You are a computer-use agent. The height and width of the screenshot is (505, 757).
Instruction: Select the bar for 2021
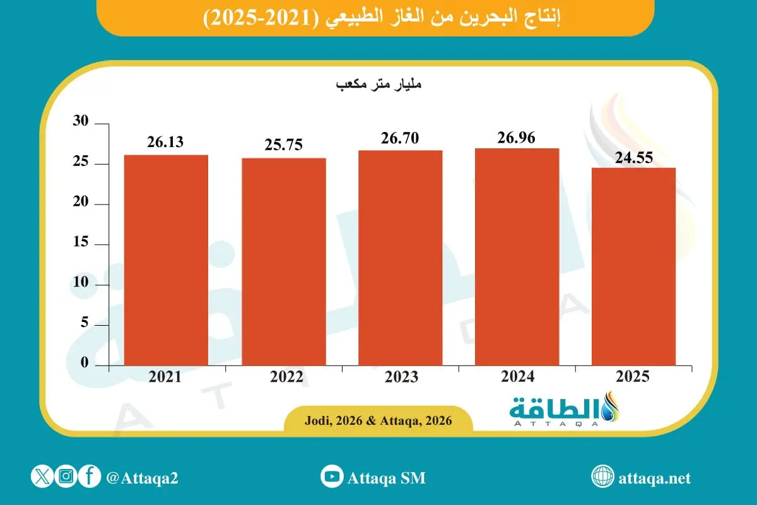point(166,260)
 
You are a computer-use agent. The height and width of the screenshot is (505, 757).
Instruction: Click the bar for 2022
point(284,261)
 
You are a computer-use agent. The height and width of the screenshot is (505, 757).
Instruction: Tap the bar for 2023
point(400,258)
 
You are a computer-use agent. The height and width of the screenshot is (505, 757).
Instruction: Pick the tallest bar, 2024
point(517,257)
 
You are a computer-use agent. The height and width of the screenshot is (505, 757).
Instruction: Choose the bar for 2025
point(633,266)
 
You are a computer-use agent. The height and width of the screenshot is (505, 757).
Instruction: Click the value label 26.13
point(166,142)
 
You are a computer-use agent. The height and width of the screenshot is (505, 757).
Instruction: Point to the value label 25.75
point(284,145)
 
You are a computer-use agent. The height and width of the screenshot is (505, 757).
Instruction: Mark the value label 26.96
point(517,136)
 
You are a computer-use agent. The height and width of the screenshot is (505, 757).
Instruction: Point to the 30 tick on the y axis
point(83,124)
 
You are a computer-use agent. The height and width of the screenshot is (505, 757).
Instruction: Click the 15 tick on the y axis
point(83,244)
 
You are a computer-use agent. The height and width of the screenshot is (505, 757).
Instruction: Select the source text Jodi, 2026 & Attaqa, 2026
point(378,420)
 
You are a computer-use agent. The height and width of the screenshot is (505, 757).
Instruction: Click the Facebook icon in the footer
point(90,477)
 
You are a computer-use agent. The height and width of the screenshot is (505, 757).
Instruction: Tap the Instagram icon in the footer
point(66,477)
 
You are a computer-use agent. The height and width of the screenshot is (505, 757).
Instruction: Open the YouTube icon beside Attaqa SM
point(331,477)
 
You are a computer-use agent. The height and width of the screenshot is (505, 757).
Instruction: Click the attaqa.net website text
point(655,478)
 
